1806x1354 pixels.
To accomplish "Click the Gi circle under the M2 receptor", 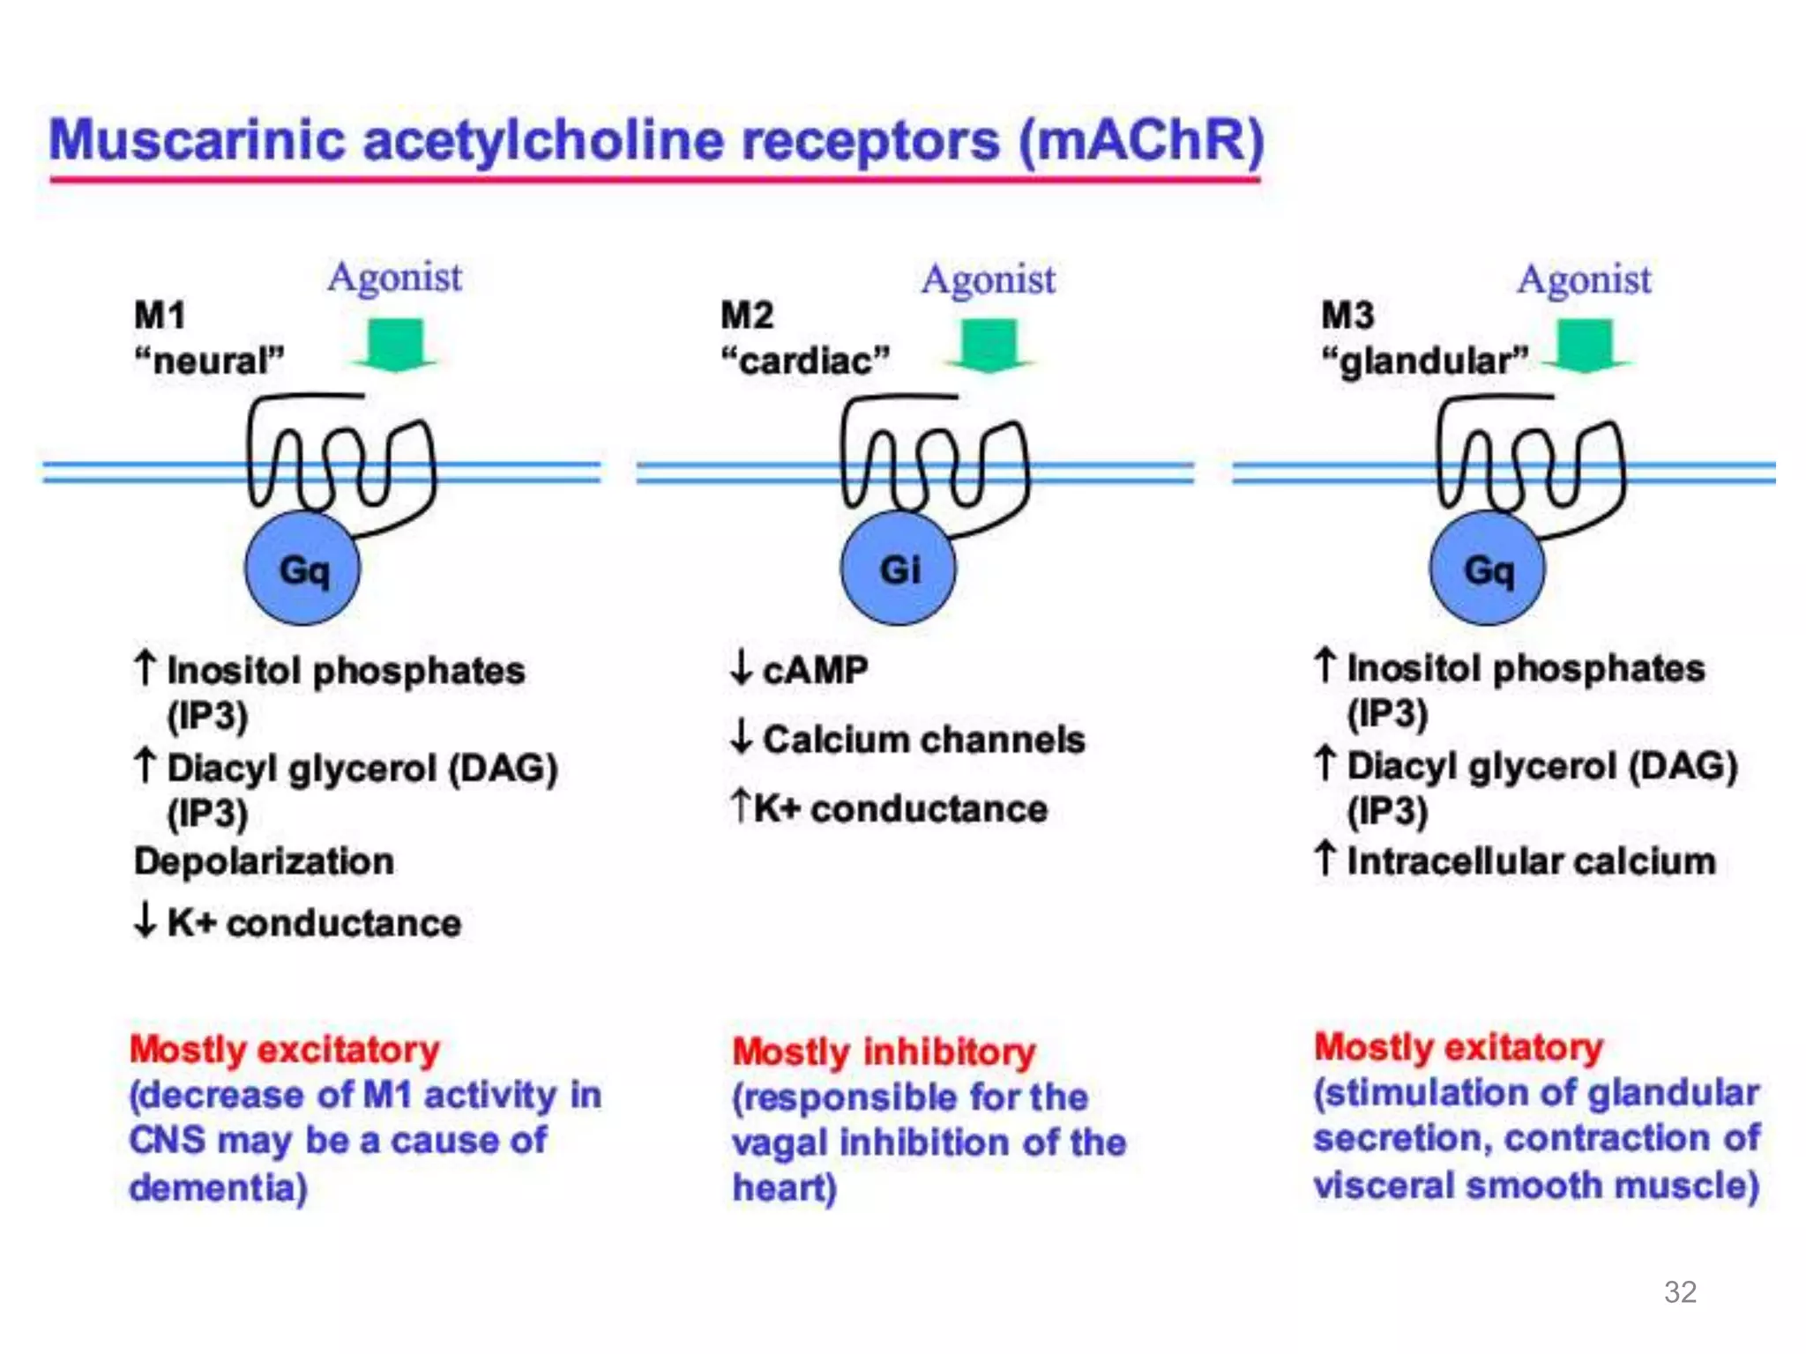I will tap(898, 569).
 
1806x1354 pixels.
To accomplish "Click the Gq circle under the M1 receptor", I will tap(302, 569).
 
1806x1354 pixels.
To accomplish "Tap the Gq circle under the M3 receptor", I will tap(1487, 569).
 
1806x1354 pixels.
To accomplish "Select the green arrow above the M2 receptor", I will tap(989, 346).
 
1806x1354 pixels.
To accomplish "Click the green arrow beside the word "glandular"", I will tap(1585, 346).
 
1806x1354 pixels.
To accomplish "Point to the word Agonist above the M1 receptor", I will tap(394, 278).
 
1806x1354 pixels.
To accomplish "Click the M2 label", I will tap(747, 316).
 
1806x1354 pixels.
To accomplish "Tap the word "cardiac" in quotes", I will tap(805, 361).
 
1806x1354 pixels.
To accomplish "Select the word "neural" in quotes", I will tap(209, 361).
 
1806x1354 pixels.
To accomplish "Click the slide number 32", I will tap(1680, 1292).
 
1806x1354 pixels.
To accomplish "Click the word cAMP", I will tap(815, 670).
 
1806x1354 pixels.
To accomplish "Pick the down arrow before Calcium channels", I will tap(742, 737).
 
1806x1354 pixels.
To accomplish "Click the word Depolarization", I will tap(264, 861).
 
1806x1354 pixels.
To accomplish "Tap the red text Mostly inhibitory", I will tap(884, 1052).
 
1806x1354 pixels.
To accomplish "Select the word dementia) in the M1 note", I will tap(218, 1187).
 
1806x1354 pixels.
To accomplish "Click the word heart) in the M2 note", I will tap(784, 1187).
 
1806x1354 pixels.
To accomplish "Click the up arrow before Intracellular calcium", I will tap(1325, 859).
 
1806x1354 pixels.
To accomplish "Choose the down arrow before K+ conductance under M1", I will tap(145, 921).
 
